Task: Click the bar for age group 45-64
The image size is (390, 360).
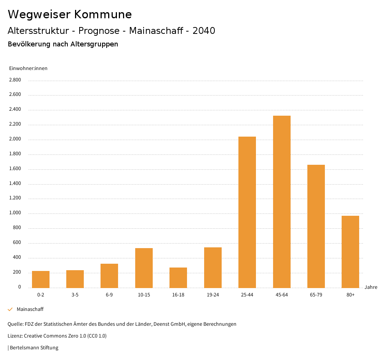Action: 281,202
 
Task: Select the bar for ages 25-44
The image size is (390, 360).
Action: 247,212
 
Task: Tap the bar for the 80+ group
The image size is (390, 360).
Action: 350,252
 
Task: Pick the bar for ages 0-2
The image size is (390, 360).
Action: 41,279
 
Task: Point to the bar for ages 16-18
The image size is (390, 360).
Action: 178,277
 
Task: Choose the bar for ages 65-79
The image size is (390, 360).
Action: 316,226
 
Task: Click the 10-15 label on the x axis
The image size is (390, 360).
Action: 144,295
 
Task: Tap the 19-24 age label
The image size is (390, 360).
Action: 213,295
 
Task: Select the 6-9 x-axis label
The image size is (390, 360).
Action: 109,295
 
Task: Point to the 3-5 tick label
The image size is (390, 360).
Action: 75,295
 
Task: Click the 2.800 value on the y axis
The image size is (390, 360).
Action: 15,80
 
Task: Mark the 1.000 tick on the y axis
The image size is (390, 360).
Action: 15,213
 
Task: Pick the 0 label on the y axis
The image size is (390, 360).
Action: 19,287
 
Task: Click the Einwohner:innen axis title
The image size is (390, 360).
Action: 28,68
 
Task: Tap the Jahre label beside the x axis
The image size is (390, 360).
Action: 371,287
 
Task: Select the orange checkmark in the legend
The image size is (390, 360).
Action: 10,309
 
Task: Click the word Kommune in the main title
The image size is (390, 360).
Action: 103,14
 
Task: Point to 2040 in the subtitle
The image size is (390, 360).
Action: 204,31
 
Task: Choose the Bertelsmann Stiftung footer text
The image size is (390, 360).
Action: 34,347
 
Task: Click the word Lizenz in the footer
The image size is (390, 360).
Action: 14,336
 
